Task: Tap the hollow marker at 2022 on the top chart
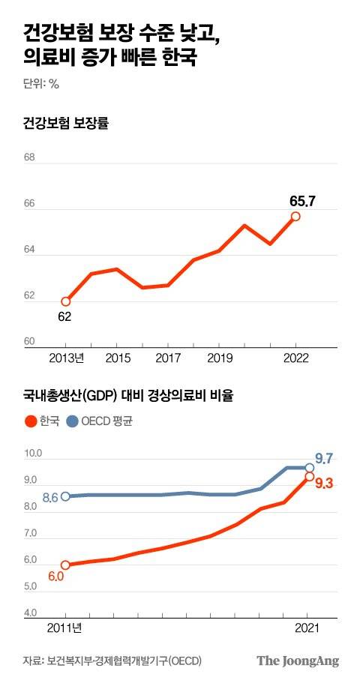tap(295, 216)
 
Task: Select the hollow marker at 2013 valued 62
tap(65, 301)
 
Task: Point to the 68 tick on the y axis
tap(29, 158)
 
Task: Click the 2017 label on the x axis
tap(167, 358)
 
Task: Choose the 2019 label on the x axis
tap(219, 358)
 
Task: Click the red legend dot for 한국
tap(30, 421)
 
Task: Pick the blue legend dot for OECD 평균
tap(72, 421)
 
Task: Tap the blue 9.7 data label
tap(325, 457)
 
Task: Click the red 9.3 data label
tap(324, 484)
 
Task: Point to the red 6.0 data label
tap(56, 577)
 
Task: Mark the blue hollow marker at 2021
tap(308, 467)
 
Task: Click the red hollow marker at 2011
tap(65, 565)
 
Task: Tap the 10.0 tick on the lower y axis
tap(34, 454)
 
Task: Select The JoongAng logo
tap(298, 661)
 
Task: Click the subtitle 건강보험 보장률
tap(66, 124)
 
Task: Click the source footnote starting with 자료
tap(112, 661)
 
